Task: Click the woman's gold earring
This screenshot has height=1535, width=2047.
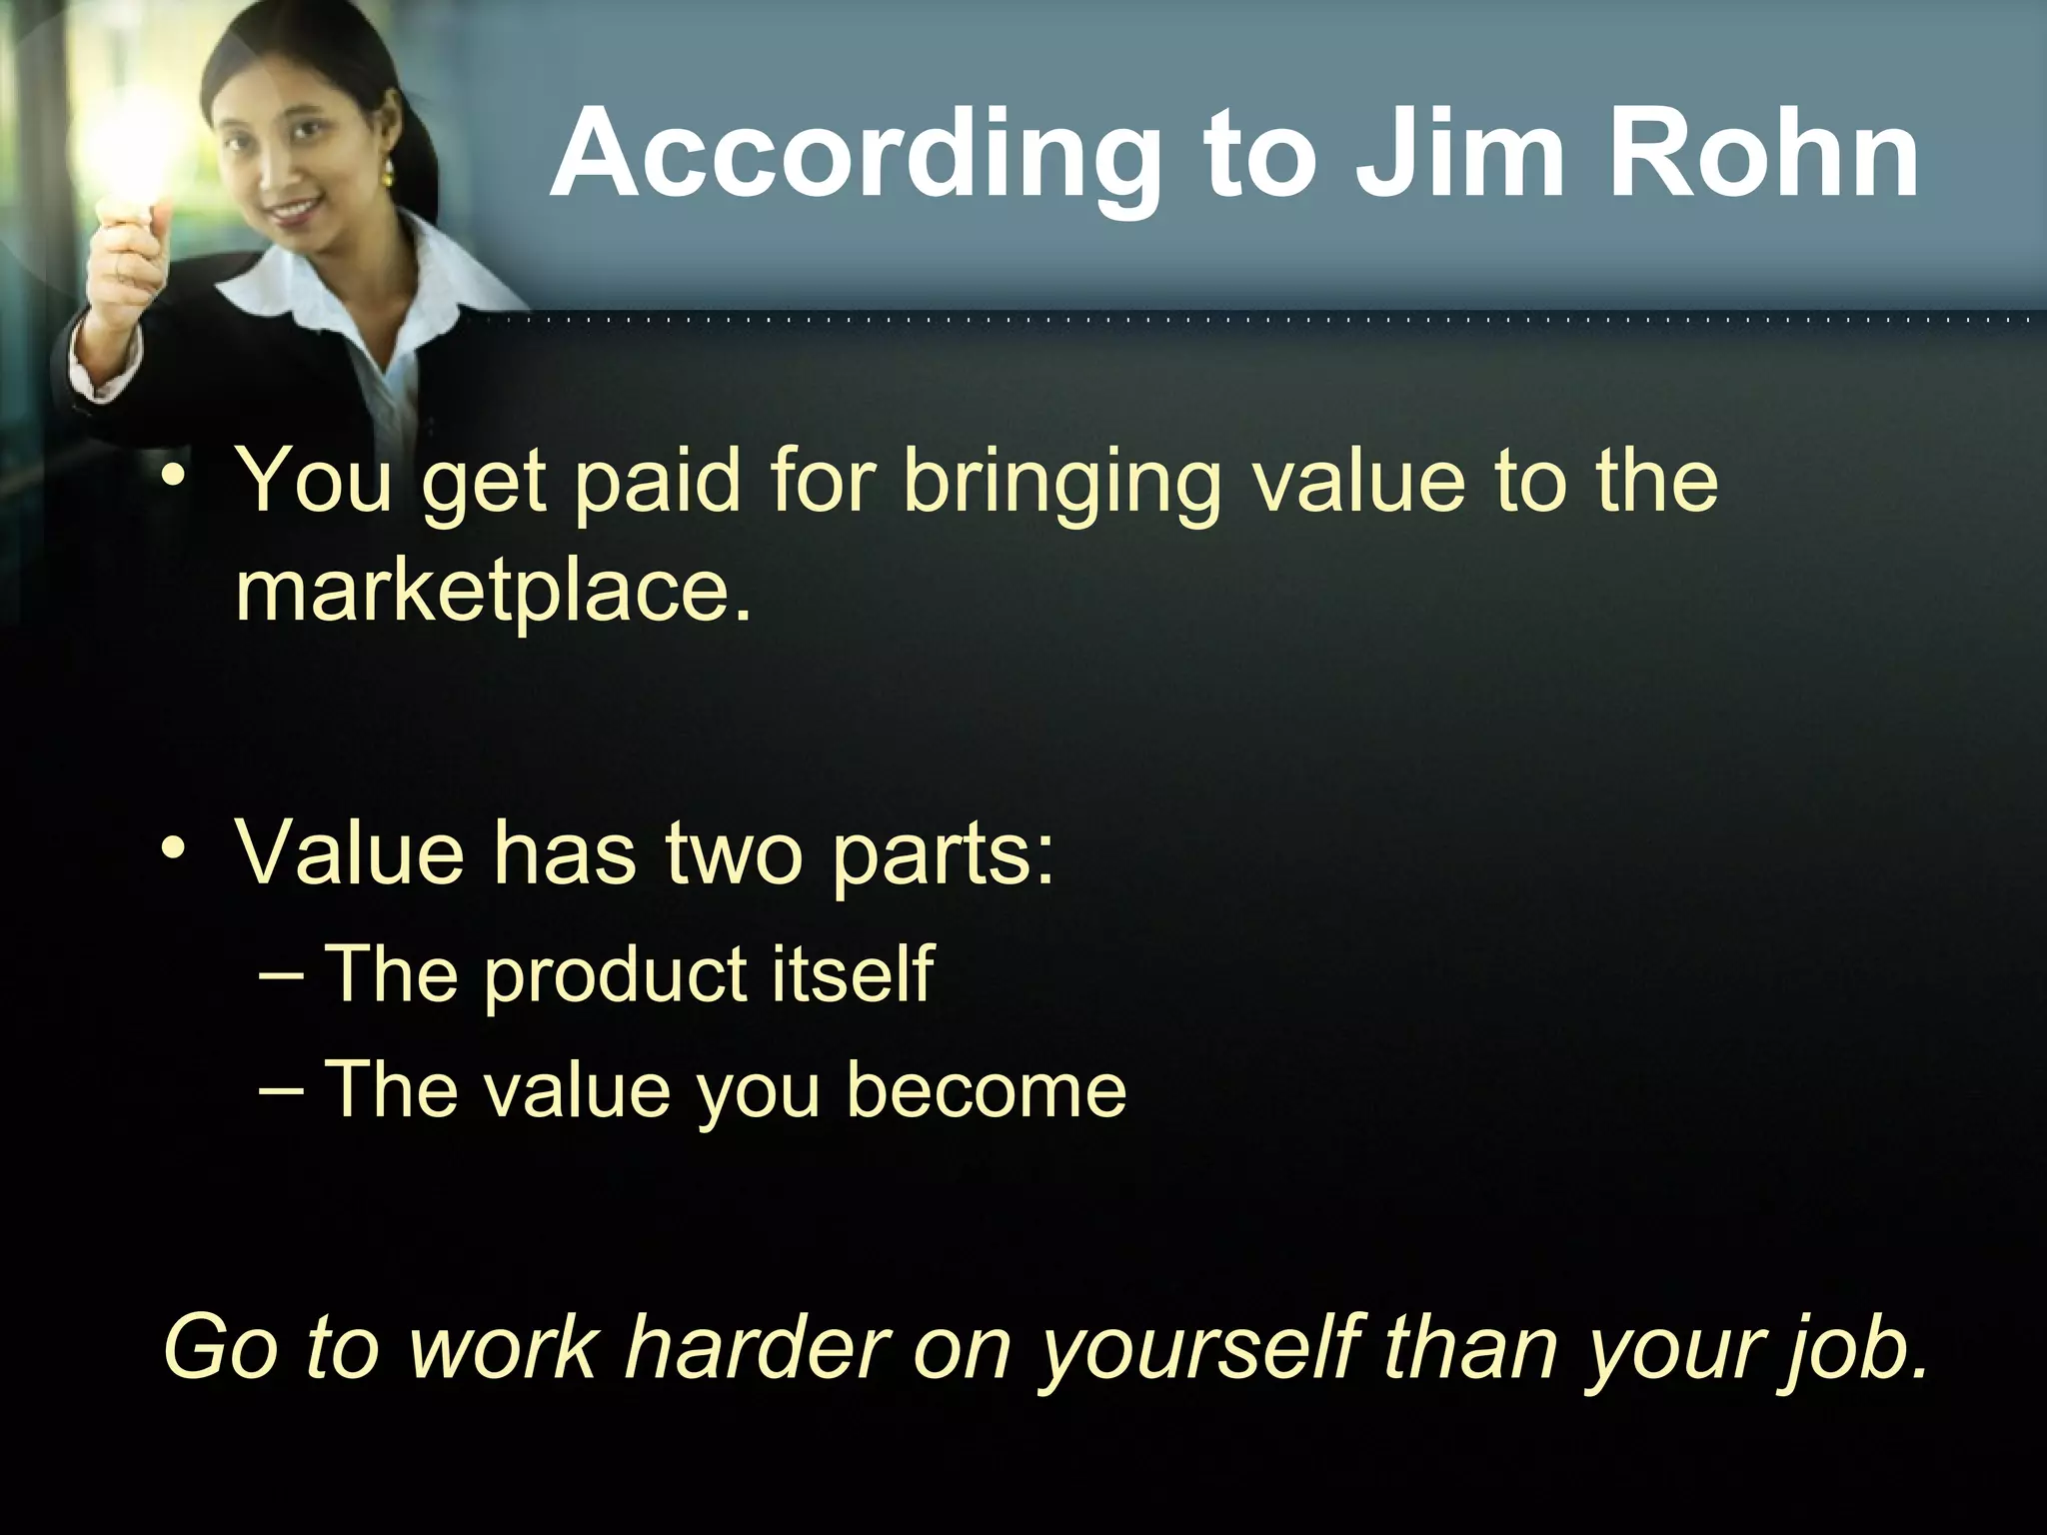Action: pos(387,173)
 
